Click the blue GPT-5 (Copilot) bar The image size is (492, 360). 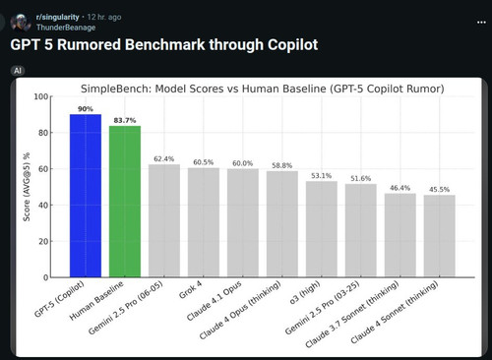pyautogui.click(x=86, y=196)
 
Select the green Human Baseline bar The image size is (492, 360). pyautogui.click(x=125, y=202)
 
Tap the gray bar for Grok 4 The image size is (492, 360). pyautogui.click(x=204, y=222)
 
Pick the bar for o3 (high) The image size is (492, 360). pyautogui.click(x=322, y=229)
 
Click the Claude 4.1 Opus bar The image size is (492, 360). pyautogui.click(x=243, y=223)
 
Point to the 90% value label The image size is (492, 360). pyautogui.click(x=86, y=109)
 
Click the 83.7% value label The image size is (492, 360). pyautogui.click(x=125, y=120)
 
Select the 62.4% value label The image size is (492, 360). pyautogui.click(x=164, y=159)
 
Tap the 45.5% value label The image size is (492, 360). pyautogui.click(x=440, y=190)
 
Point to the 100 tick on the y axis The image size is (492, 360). pyautogui.click(x=41, y=96)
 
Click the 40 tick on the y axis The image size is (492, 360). pyautogui.click(x=43, y=206)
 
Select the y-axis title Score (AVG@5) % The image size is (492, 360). pyautogui.click(x=27, y=187)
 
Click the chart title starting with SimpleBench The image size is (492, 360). pyautogui.click(x=263, y=89)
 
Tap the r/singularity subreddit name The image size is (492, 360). pyautogui.click(x=57, y=17)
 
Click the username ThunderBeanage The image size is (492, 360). pyautogui.click(x=66, y=28)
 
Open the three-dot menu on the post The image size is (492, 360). pyautogui.click(x=481, y=23)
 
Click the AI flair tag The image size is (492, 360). pyautogui.click(x=18, y=71)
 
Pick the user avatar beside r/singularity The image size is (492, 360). pyautogui.click(x=21, y=23)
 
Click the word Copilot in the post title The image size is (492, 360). pyautogui.click(x=292, y=45)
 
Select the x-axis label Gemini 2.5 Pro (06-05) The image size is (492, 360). pyautogui.click(x=126, y=308)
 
